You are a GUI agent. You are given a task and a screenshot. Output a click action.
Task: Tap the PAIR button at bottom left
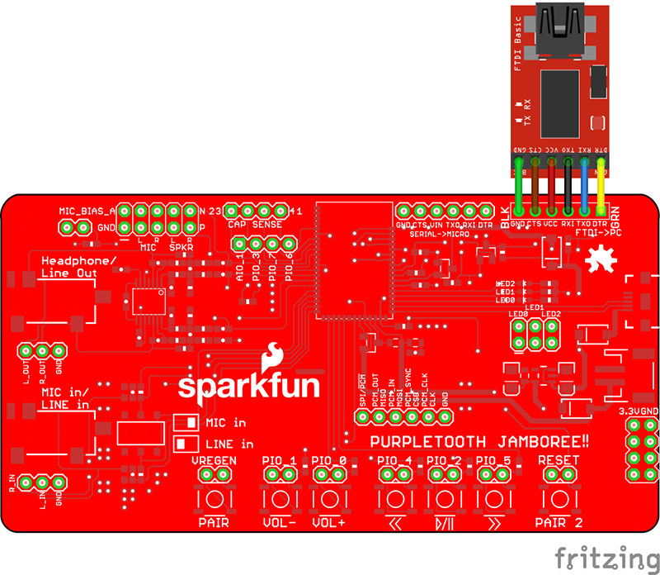tap(214, 500)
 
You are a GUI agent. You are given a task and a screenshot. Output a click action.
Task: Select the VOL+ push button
tap(329, 500)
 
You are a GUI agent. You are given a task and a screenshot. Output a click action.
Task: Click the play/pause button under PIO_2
tap(445, 500)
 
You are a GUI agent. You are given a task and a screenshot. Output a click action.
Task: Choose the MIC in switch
tap(186, 422)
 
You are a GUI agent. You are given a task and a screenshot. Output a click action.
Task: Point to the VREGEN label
tap(214, 460)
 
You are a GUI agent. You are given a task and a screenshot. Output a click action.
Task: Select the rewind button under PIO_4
tap(395, 500)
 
